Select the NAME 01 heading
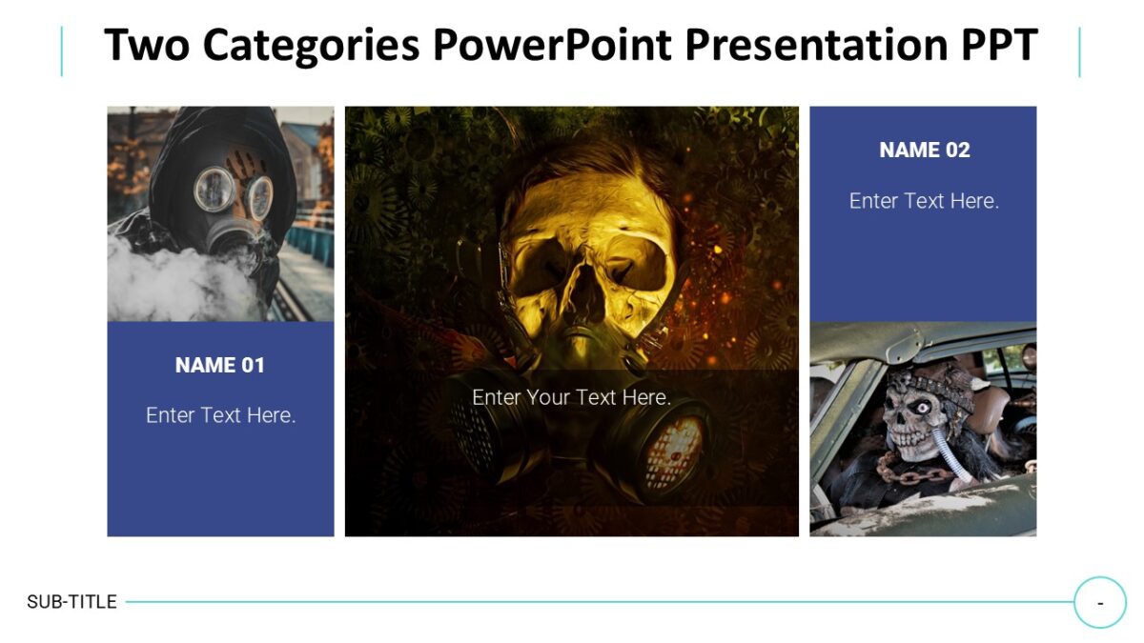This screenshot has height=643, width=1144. pos(220,365)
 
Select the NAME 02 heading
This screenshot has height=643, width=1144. pos(924,150)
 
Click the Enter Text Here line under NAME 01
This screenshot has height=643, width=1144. pos(220,415)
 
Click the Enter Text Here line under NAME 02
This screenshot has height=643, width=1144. pos(924,201)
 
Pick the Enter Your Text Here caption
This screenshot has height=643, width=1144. pos(571,397)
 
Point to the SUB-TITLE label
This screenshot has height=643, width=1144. pos(71,602)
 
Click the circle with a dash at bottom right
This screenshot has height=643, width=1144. pos(1100,602)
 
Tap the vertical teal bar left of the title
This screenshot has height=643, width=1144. pos(62,51)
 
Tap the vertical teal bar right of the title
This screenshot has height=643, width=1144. pos(1079,51)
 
